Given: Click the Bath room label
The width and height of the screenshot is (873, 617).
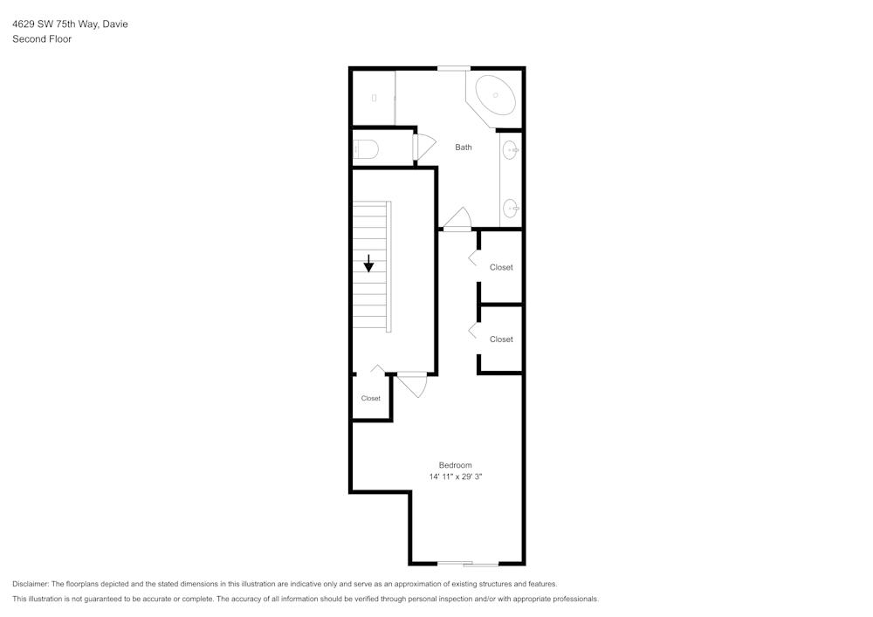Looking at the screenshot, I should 464,147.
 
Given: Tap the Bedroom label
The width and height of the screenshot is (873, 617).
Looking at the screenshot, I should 455,465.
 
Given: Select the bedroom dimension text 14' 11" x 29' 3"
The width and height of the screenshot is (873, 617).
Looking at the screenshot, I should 456,477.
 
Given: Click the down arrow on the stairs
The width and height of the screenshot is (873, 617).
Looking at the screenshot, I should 369,263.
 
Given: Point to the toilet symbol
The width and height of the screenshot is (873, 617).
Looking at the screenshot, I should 365,149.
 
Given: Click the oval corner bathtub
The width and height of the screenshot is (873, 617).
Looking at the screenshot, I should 496,94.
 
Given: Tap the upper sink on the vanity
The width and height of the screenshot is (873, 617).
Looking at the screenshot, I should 512,151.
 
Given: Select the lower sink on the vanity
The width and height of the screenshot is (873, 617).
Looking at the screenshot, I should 512,208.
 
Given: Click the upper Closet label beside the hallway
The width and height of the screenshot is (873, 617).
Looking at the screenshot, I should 501,268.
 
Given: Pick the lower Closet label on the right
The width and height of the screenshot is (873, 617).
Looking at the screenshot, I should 501,339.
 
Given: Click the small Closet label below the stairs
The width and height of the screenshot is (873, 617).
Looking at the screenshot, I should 371,399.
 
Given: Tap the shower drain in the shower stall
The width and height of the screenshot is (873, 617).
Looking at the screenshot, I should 374,98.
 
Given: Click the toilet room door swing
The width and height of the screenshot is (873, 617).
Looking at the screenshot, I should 424,147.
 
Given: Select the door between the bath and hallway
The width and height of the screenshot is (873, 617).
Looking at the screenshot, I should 457,220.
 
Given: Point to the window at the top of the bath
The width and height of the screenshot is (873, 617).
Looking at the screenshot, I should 453,68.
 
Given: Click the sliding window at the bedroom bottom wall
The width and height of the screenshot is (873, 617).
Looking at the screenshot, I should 468,564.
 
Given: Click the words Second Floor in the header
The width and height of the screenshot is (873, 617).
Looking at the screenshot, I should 42,39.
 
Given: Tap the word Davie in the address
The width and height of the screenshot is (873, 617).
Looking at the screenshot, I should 115,24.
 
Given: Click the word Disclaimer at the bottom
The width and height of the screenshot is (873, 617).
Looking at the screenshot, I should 31,584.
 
